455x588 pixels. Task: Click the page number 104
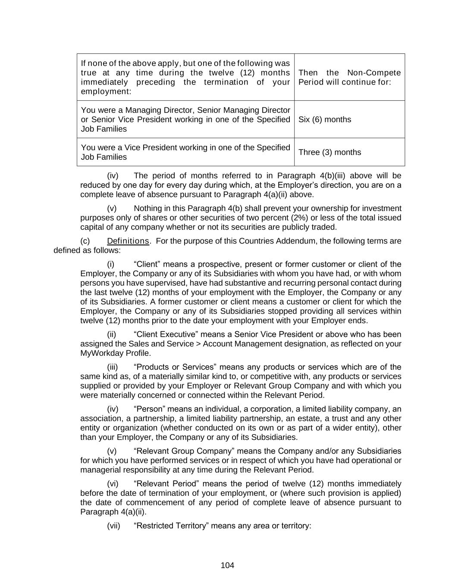(x=227, y=565)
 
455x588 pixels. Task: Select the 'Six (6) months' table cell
(x=325, y=119)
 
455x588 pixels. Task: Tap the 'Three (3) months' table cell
(x=329, y=152)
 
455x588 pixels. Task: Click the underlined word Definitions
(x=128, y=241)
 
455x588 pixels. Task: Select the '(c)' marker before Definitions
(x=85, y=241)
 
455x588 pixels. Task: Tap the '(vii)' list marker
(x=113, y=526)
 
